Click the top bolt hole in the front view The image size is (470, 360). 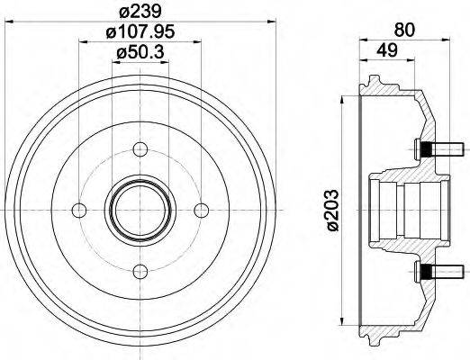point(138,150)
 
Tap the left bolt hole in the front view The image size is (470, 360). point(78,210)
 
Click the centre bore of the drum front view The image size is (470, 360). point(138,210)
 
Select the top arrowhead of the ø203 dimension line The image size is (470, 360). point(342,100)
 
